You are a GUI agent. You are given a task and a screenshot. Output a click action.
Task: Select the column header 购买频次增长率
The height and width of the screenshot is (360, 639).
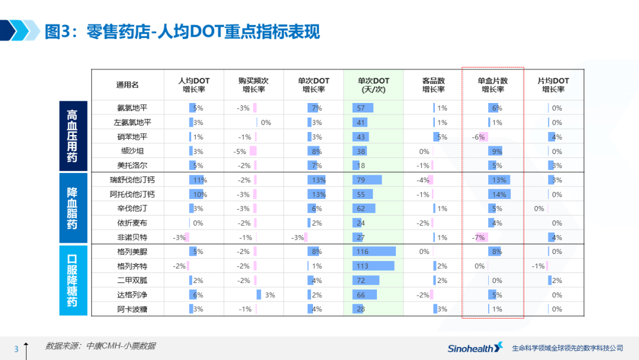coord(254,85)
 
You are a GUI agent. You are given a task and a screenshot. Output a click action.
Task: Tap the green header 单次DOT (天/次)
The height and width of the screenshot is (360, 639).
coord(373,85)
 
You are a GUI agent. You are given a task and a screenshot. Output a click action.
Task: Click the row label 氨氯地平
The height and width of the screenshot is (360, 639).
coord(132,108)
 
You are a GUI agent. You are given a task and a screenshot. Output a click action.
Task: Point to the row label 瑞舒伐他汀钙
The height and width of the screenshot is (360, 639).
coord(132,179)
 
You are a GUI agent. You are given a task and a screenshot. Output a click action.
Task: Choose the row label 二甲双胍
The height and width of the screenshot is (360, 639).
coord(132,280)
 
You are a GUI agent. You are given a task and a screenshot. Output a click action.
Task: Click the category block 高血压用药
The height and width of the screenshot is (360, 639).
coord(73,136)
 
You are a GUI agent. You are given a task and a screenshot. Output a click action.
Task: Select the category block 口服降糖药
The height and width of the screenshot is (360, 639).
coord(73,280)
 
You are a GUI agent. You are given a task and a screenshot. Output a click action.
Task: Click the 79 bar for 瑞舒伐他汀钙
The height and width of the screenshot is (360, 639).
coord(367,179)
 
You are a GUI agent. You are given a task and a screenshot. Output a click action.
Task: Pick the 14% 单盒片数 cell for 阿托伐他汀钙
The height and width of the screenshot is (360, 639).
coord(498,194)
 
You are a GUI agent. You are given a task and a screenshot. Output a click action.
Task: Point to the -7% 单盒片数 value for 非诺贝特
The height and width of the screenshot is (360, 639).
coord(479,237)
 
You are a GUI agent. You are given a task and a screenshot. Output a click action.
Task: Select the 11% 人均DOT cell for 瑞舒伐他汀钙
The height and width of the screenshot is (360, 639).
coord(198,179)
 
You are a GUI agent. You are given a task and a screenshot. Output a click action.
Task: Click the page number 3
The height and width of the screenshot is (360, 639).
coord(17,349)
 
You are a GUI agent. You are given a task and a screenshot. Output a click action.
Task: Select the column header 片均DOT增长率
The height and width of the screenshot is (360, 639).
coord(553,85)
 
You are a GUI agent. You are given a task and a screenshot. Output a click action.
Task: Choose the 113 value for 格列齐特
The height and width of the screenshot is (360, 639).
coord(362,266)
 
